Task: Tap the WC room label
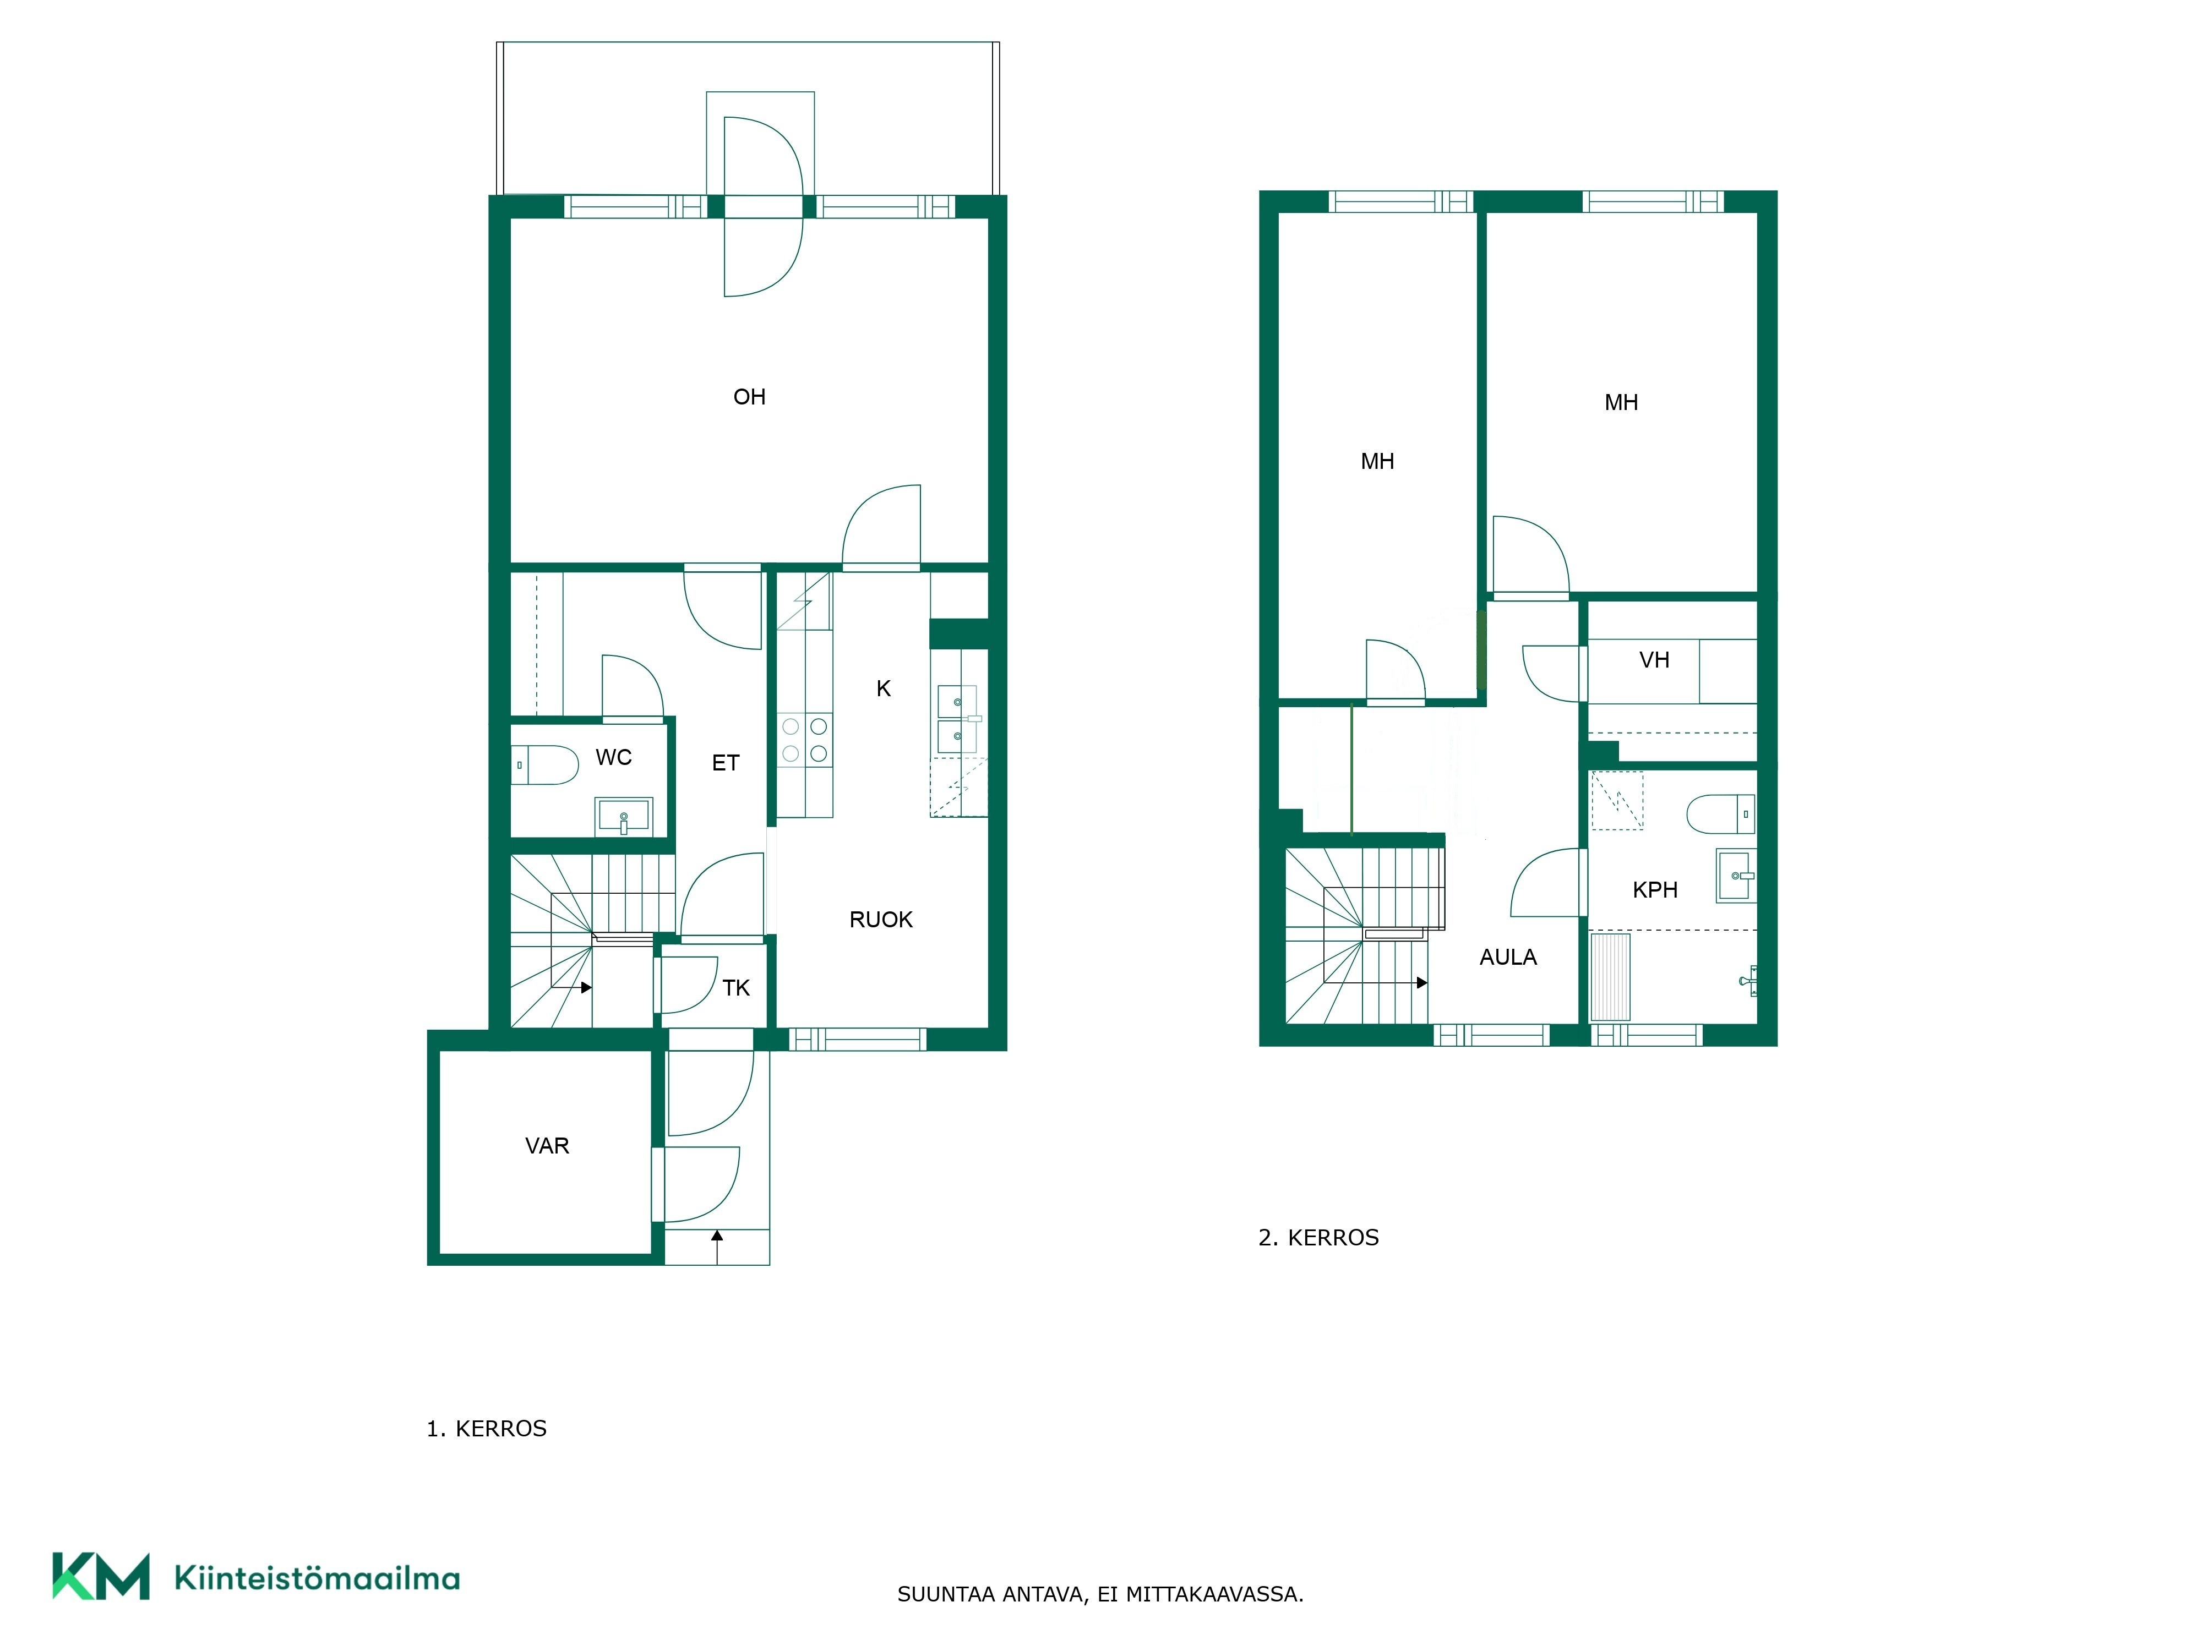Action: [613, 757]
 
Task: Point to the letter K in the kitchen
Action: [883, 688]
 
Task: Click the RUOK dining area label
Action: [881, 920]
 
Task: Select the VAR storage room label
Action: [547, 1145]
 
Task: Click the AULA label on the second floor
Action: [1508, 958]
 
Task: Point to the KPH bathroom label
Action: [1654, 890]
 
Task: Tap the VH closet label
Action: [1654, 660]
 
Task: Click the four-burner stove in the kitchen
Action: [804, 740]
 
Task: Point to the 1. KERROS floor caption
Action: [487, 1429]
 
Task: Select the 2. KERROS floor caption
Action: [1319, 1238]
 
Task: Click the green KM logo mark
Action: [101, 1576]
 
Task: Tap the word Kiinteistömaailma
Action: [317, 1577]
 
